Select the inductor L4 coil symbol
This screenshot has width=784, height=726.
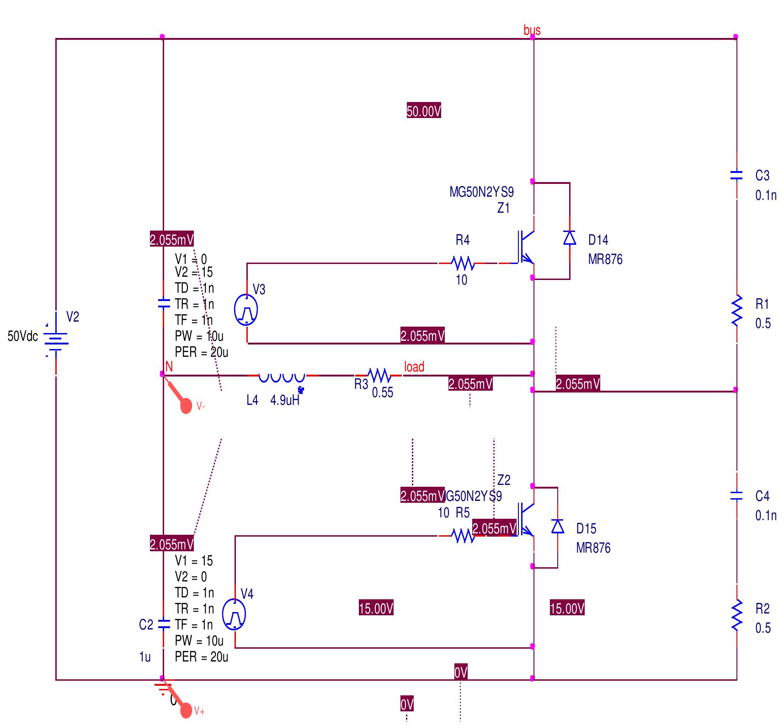tap(282, 377)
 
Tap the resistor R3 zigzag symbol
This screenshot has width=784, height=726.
tap(379, 376)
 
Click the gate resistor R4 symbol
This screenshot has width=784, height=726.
tap(463, 264)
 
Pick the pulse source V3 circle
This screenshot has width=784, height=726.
tap(246, 310)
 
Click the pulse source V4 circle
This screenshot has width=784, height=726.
tap(234, 614)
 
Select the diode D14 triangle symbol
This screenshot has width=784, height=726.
tap(569, 238)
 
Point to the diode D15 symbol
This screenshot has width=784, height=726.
tap(557, 527)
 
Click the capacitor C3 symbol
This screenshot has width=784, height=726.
tap(736, 175)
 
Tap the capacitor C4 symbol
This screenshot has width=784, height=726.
tap(736, 495)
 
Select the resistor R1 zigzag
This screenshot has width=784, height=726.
tap(736, 311)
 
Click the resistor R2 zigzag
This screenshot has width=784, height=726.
tap(736, 616)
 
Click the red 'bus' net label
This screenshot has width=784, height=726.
tap(532, 30)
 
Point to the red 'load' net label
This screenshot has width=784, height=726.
tap(414, 367)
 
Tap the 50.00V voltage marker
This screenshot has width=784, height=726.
tap(424, 111)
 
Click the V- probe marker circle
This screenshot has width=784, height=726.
tap(186, 406)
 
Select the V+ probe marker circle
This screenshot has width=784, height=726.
tap(186, 710)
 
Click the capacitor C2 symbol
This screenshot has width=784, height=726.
tap(164, 624)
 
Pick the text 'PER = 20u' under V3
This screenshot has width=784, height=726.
tap(201, 352)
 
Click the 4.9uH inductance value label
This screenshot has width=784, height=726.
tap(285, 400)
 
